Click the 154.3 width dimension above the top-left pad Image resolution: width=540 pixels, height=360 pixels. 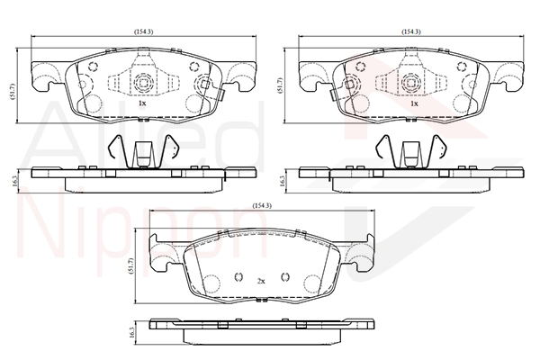point(144,31)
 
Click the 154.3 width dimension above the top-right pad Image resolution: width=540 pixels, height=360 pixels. point(411,31)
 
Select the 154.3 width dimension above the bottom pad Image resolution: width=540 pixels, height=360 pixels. point(262,206)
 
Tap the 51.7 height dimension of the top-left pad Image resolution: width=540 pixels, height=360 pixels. point(13,91)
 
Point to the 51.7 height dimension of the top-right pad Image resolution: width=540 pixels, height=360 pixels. point(280,85)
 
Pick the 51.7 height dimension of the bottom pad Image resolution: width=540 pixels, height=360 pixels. point(130,265)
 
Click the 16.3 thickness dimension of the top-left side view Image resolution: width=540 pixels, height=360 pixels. point(13,181)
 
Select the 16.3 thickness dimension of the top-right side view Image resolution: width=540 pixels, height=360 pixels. point(281,181)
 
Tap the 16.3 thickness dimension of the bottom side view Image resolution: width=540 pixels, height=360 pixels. point(132,333)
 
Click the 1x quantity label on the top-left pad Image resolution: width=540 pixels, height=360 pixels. point(142,103)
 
